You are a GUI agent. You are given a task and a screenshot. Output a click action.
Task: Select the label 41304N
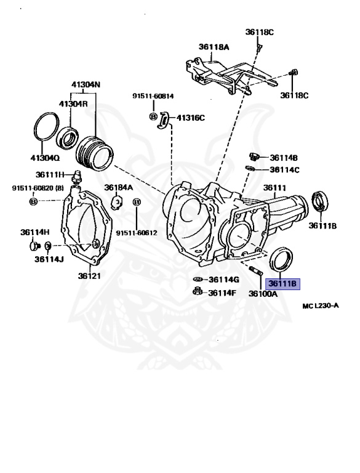tap(84, 84)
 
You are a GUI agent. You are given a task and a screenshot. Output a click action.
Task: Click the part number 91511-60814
tap(153, 96)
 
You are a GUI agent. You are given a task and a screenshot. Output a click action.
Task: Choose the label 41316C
tap(191, 118)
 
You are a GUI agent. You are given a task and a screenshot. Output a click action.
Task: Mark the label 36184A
tap(118, 187)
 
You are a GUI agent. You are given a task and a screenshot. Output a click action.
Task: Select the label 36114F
tap(222, 293)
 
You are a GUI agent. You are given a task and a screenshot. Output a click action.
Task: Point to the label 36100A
tap(263, 294)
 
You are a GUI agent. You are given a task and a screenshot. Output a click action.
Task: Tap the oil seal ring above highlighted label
tap(282, 257)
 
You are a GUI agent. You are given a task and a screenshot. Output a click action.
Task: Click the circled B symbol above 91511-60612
tap(137, 202)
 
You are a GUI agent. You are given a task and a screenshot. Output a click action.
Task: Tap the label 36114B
tap(283, 157)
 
